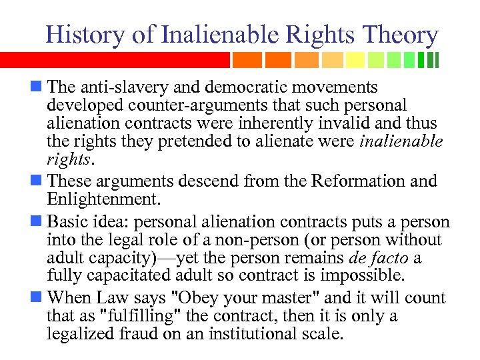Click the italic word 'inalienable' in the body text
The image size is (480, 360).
click(x=401, y=142)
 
